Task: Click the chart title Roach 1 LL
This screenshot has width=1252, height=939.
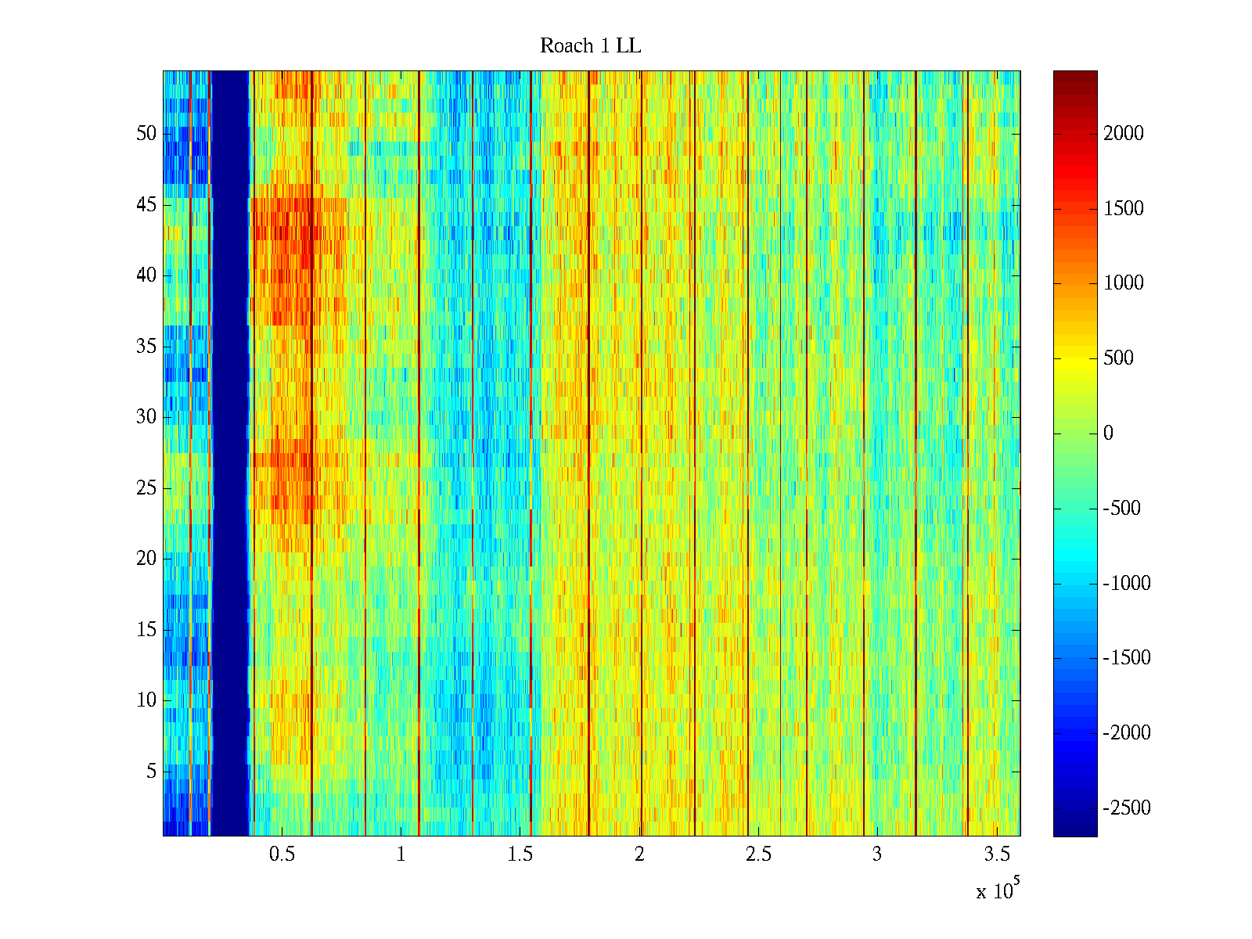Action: coord(590,46)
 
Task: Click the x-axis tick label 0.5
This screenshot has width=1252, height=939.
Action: coord(282,854)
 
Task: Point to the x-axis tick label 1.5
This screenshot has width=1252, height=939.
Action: coord(520,854)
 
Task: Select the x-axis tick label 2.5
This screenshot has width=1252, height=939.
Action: coord(758,854)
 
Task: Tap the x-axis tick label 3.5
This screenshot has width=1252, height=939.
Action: coord(996,854)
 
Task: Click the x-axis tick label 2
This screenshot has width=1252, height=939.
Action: coord(639,854)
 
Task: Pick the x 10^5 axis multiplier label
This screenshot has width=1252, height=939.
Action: coord(998,890)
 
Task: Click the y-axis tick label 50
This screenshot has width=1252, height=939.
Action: coord(146,134)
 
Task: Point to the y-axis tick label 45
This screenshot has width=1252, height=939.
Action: coord(146,205)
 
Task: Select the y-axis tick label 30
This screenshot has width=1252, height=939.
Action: coord(146,417)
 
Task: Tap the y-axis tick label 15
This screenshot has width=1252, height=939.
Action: coord(146,630)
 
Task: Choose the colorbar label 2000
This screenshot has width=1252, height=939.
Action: coord(1124,134)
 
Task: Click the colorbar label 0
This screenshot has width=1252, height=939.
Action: coord(1108,434)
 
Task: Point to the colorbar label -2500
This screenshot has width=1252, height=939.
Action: coord(1127,808)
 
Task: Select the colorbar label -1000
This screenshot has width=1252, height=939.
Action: coord(1127,584)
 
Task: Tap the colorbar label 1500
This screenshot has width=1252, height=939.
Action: coord(1124,209)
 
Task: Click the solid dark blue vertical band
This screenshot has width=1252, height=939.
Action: coord(230,454)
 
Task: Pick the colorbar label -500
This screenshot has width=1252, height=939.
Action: coord(1122,509)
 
